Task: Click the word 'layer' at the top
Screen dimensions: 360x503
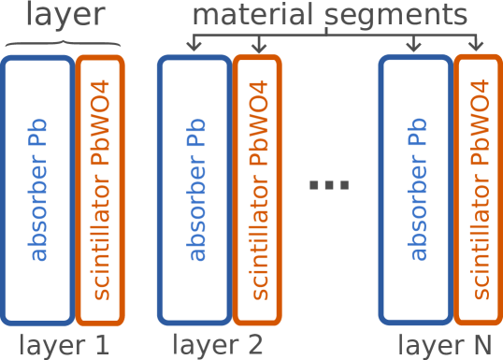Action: pyautogui.click(x=63, y=17)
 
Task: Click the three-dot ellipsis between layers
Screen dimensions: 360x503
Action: pyautogui.click(x=328, y=184)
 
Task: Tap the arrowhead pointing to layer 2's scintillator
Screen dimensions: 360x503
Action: pyautogui.click(x=258, y=48)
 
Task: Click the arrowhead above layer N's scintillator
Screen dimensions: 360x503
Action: pyautogui.click(x=475, y=48)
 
